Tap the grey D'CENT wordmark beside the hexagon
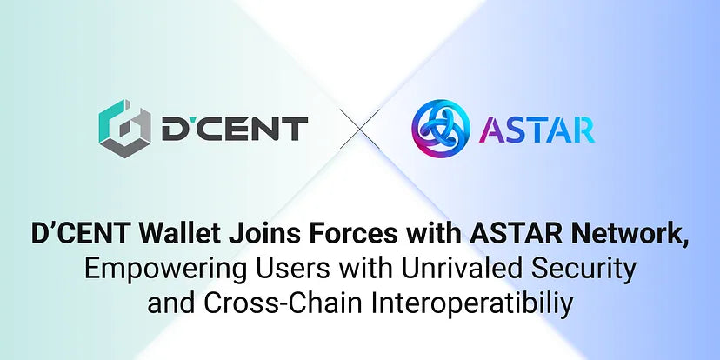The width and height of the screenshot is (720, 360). [234, 130]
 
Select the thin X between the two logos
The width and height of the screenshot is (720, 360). [359, 131]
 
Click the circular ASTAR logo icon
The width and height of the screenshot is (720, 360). [442, 130]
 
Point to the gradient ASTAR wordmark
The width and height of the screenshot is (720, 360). [537, 130]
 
